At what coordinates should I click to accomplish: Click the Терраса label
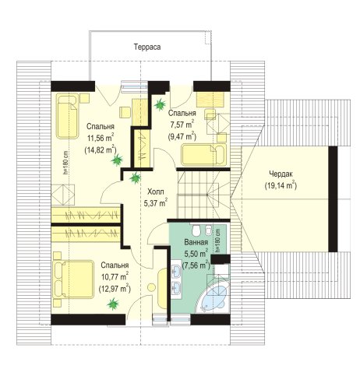147,47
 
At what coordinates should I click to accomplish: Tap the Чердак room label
281,174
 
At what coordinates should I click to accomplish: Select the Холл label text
156,191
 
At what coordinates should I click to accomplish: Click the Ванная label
196,242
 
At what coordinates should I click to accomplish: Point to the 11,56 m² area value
101,138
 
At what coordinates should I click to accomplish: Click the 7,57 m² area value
182,124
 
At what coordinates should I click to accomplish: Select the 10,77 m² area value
115,276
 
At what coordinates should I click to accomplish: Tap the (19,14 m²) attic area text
281,185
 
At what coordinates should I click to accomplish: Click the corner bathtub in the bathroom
214,298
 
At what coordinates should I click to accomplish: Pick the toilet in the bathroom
196,230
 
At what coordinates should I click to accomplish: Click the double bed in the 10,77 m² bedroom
73,279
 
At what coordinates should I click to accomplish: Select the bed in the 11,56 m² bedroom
67,116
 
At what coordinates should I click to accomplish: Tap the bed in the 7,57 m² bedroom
203,154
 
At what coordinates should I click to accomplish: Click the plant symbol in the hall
136,178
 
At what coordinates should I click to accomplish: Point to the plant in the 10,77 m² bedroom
113,304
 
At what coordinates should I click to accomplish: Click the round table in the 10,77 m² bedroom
151,287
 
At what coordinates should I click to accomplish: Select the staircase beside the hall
203,195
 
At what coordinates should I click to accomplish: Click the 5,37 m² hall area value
156,203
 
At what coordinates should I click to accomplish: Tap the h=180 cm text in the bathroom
217,241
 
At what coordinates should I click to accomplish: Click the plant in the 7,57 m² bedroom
160,104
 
